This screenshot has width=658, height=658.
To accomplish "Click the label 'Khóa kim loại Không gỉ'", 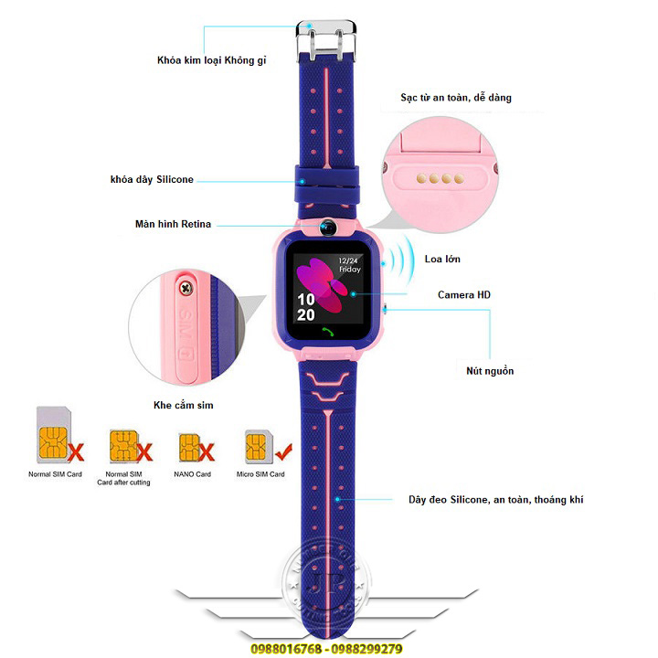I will (211, 62).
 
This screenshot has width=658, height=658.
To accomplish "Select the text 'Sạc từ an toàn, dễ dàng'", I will (455, 97).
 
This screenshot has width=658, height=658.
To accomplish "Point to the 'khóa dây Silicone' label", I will (152, 180).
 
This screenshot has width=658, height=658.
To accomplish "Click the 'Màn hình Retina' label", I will (173, 224).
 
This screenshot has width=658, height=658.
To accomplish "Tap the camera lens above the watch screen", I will (328, 227).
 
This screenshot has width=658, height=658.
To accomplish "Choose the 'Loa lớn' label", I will (442, 260).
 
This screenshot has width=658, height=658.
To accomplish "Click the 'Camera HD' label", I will (464, 295).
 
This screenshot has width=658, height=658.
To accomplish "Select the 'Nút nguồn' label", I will (489, 371).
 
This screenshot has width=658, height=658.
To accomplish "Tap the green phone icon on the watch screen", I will (328, 332).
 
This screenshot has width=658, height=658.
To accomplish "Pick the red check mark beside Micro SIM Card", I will (283, 449).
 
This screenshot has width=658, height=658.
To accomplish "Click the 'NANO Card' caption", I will (193, 474).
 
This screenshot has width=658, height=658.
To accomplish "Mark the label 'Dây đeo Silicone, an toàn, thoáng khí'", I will (495, 500).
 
